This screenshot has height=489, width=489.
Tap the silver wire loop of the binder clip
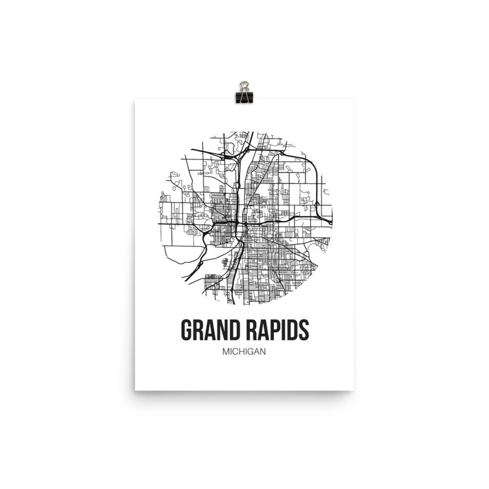click(x=244, y=84)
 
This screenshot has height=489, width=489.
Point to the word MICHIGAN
click(x=244, y=353)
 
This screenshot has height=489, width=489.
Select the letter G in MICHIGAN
click(x=251, y=353)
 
